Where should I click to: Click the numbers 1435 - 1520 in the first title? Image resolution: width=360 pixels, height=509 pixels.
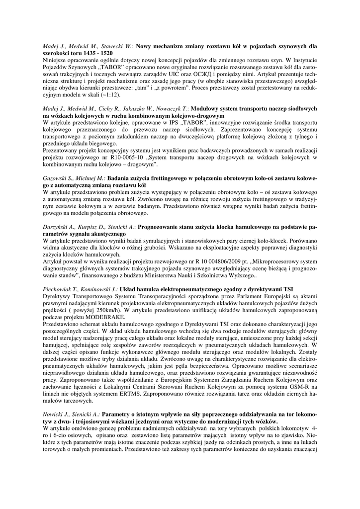(96, 52)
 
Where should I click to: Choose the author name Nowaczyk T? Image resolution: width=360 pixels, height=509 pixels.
(172, 108)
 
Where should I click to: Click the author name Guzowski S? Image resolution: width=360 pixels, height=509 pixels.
(59, 178)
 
